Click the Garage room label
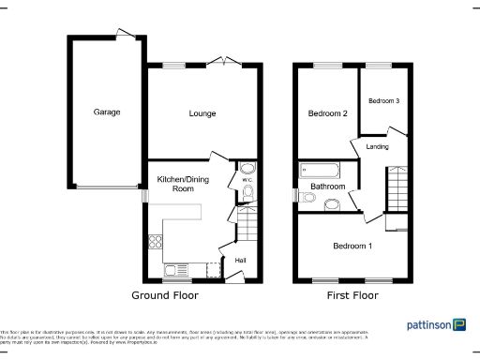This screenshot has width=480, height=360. pos(106,112)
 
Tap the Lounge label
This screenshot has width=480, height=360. pos(202,113)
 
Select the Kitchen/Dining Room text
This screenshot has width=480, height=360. pos(175,183)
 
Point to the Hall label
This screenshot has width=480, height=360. pos(240,259)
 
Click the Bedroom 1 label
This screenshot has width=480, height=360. pos(352,246)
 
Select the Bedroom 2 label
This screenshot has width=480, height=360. pos(328,113)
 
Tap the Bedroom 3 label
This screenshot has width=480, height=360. pos(382,100)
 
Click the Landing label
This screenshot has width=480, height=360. pos(377,145)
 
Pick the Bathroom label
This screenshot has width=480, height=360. pos(329,187)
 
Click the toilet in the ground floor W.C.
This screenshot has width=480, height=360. pos(247,193)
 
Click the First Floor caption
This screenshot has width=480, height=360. pos(352,294)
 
